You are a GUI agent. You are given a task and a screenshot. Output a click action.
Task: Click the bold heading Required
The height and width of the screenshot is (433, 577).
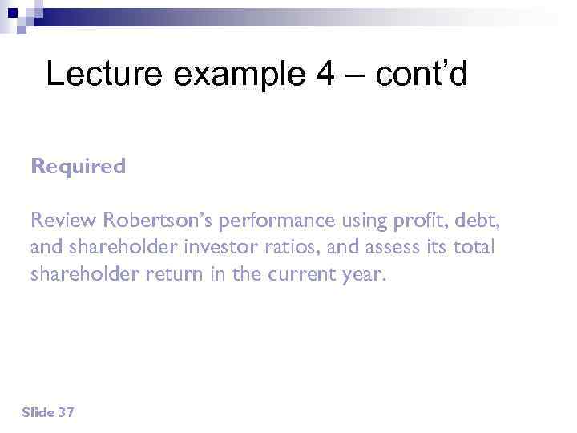[x=79, y=167]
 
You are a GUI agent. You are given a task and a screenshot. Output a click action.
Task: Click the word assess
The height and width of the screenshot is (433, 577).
[x=388, y=248]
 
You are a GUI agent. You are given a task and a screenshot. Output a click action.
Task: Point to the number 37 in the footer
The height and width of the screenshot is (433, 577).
[x=67, y=412]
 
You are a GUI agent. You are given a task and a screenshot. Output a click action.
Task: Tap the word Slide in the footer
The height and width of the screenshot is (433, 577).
[x=38, y=412]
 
